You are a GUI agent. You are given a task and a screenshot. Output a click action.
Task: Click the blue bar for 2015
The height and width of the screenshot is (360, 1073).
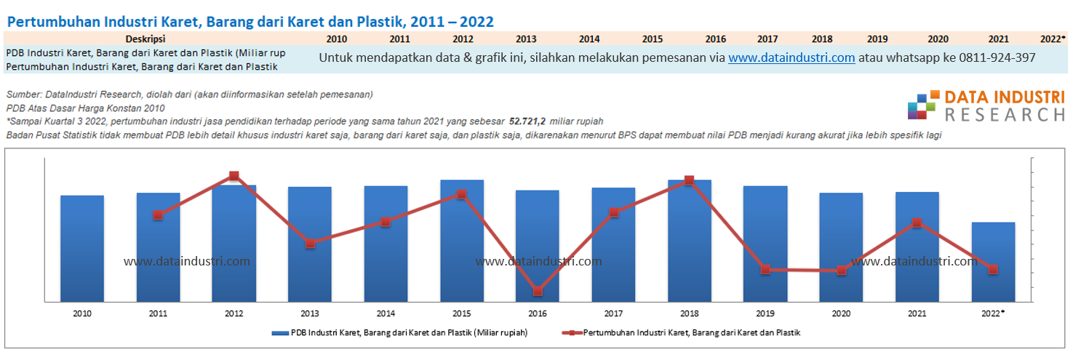(461, 240)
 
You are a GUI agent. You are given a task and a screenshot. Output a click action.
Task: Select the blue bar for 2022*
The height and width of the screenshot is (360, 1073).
(993, 262)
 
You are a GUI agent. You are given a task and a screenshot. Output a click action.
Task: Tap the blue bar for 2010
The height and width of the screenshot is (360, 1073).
(81, 247)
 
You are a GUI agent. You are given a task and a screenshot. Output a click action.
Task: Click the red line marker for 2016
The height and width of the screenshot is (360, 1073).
(538, 291)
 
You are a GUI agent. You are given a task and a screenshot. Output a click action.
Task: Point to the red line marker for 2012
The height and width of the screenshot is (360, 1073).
(234, 176)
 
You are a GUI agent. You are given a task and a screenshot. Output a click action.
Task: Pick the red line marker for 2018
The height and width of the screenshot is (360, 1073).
(689, 180)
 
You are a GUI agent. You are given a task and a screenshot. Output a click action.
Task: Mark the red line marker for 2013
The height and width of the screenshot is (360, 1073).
(310, 244)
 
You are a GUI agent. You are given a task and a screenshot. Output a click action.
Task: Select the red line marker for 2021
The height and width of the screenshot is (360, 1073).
(917, 223)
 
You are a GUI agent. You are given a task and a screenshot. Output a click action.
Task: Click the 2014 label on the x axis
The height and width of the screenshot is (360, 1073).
(386, 313)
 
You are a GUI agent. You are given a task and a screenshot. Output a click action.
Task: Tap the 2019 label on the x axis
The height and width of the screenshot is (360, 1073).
(765, 313)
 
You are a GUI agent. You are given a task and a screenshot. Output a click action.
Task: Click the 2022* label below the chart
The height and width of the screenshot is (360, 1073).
(993, 313)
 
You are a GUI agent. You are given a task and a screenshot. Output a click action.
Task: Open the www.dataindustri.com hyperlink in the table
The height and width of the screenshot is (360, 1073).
(791, 58)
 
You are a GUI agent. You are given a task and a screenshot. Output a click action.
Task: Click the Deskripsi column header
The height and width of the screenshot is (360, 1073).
(146, 39)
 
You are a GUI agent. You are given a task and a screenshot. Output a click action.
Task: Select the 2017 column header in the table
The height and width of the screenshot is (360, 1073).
(767, 39)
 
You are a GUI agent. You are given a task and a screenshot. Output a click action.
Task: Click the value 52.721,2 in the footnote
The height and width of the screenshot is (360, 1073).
(527, 121)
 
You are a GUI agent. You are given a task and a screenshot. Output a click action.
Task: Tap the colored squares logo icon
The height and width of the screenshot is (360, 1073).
(922, 105)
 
